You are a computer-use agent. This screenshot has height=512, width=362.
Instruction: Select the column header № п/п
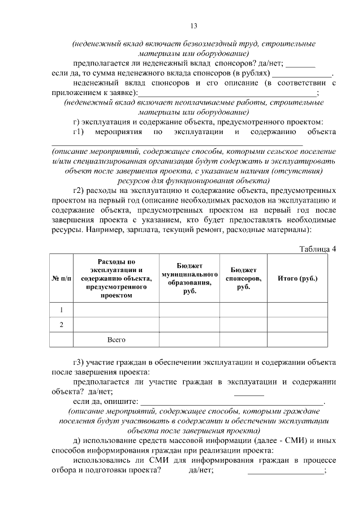pyautogui.click(x=62, y=279)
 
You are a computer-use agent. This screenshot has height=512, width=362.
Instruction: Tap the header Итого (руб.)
pyautogui.click(x=298, y=278)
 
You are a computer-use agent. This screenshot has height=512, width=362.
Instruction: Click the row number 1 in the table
pyautogui.click(x=62, y=310)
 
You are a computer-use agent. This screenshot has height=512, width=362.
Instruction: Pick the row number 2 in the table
pyautogui.click(x=62, y=325)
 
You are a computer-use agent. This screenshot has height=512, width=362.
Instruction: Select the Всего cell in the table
pyautogui.click(x=116, y=339)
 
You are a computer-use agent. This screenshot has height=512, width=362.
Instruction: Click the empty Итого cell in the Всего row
pyautogui.click(x=298, y=339)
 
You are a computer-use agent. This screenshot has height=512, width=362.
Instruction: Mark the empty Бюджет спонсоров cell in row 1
pyautogui.click(x=243, y=310)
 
